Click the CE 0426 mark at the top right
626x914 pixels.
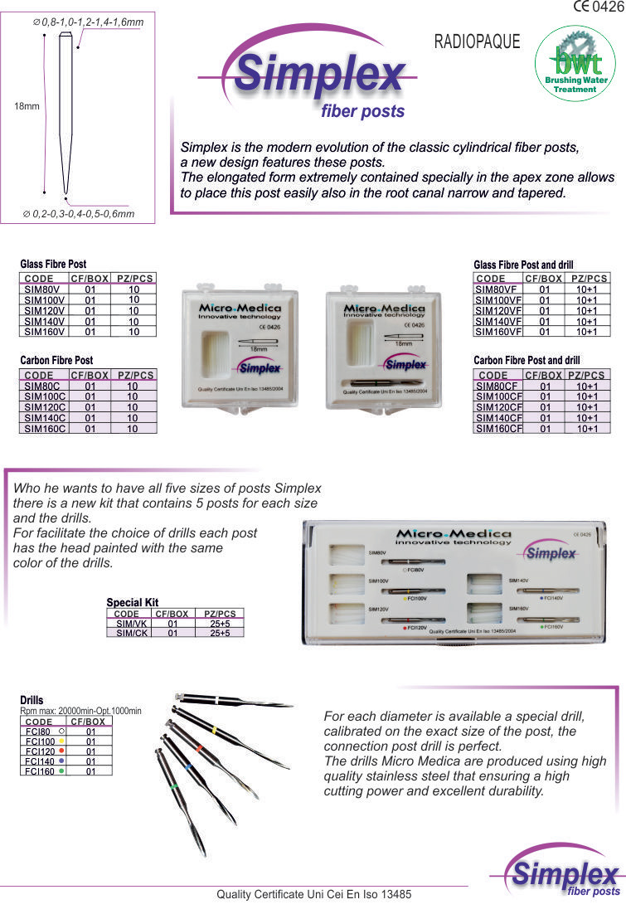[x=597, y=7]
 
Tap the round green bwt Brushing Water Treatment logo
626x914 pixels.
[x=575, y=64]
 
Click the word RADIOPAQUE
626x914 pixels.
[x=477, y=41]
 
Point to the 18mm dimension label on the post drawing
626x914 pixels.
[x=27, y=106]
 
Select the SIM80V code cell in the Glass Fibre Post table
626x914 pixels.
[x=41, y=290]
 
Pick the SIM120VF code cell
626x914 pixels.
[x=498, y=311]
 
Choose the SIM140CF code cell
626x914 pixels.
[x=498, y=418]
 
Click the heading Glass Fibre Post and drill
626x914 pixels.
[x=522, y=265]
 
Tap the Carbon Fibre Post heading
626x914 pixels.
[x=56, y=361]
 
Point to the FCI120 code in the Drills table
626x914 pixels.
[x=39, y=751]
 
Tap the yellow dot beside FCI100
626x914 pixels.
[x=61, y=741]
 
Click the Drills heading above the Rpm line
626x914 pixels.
[x=32, y=701]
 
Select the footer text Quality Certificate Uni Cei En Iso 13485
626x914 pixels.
[x=313, y=895]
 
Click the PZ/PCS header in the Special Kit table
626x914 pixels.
[x=220, y=614]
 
